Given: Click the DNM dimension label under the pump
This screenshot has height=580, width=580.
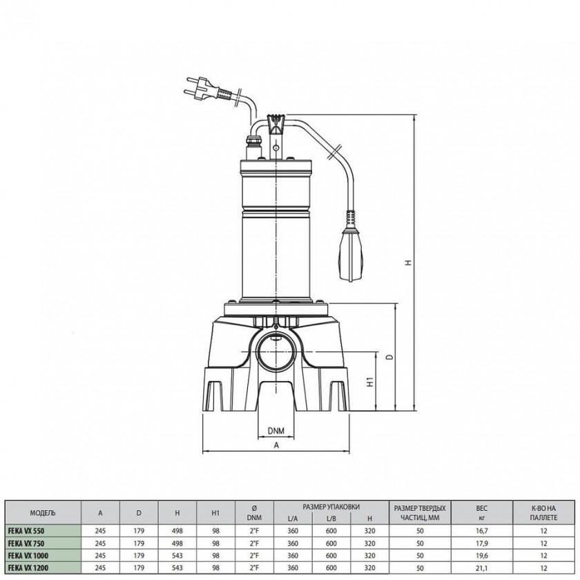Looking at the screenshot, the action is (276, 431).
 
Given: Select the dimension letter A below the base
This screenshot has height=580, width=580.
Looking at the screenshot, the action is (276, 446).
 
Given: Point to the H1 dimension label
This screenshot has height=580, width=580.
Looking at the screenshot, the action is (371, 382).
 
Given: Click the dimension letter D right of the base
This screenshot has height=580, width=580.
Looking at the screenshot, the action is (389, 358).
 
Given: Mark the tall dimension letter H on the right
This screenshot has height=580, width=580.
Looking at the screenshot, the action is (408, 262).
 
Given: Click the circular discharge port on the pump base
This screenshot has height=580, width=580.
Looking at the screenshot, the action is (276, 351).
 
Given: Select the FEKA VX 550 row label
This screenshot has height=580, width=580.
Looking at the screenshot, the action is (26, 531).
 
